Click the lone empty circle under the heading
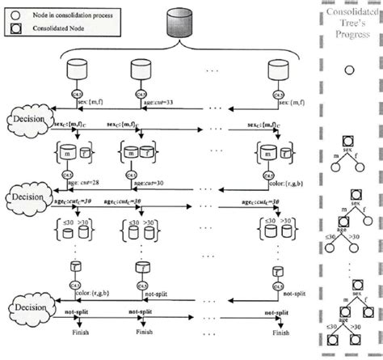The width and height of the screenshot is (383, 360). (349, 71)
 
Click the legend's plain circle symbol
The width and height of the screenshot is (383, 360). (14, 13)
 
